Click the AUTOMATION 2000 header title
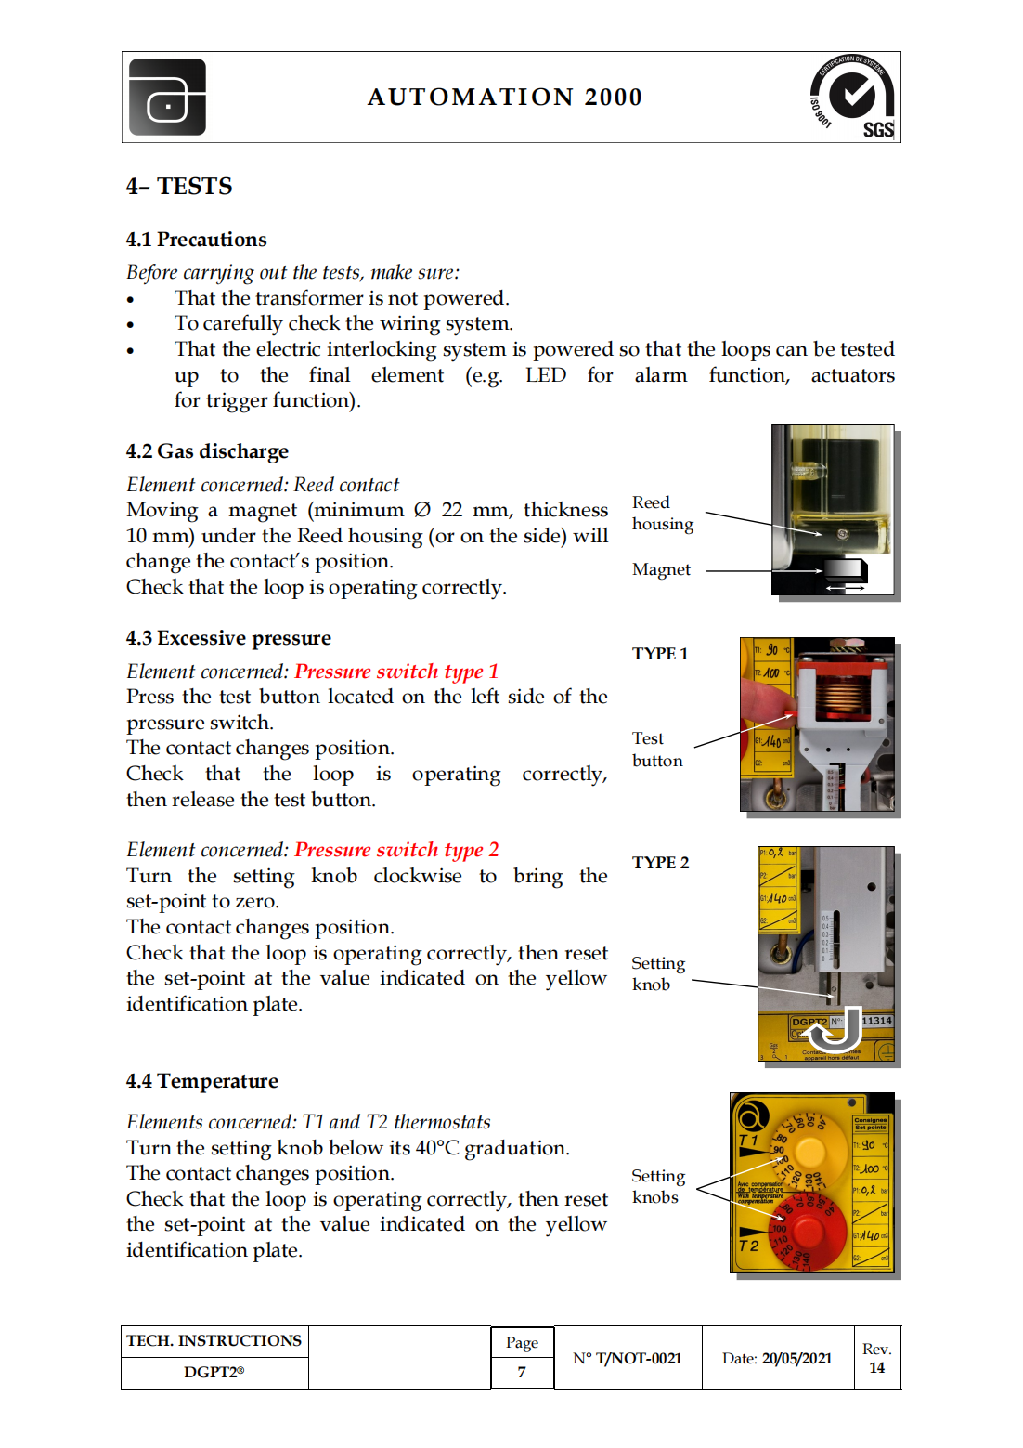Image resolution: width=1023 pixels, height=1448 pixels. pos(504,97)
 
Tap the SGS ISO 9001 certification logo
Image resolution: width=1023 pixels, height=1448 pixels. pos(852,97)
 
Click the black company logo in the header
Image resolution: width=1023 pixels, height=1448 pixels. pos(167,97)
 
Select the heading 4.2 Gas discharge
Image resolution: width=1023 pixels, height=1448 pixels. pos(207,451)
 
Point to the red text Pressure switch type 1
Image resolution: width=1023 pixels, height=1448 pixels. pos(396,672)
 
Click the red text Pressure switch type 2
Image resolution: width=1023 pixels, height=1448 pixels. pos(396,850)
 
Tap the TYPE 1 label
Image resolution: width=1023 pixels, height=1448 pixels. pos(660,654)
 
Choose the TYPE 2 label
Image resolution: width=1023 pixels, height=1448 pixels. pos(660,863)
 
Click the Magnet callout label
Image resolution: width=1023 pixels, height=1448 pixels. pos(661,569)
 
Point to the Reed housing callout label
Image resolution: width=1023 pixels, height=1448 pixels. pos(662,513)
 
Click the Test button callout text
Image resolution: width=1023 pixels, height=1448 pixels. pos(656,750)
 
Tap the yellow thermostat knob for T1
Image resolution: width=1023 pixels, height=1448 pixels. pos(809,1152)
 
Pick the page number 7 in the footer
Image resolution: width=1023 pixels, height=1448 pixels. pos(522,1372)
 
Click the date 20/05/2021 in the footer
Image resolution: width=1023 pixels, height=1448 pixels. pos(796,1358)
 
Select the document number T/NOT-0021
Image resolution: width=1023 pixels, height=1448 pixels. pos(638,1358)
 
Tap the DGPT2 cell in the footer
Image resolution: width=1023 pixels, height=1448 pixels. pos(214,1372)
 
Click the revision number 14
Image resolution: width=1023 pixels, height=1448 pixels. pos(876,1368)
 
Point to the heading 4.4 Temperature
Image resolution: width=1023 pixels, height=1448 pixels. pos(202,1081)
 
